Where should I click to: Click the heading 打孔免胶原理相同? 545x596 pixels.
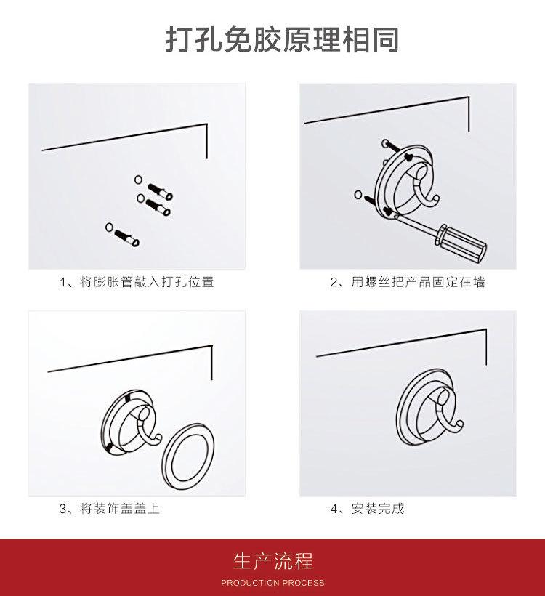[x=282, y=39]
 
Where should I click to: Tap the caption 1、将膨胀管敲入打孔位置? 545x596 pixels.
[x=137, y=282]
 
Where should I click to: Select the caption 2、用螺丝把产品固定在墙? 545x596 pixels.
[x=408, y=282]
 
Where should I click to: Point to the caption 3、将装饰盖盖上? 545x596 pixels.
[x=110, y=508]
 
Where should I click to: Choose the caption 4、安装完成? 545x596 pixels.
[x=367, y=508]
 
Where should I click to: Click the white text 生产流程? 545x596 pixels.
[x=273, y=561]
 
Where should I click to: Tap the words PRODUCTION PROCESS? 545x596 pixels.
[x=273, y=583]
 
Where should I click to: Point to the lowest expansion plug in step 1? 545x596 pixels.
[x=126, y=238]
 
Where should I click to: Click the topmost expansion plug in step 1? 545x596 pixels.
[x=160, y=191]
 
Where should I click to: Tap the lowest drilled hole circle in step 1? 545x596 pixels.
[x=110, y=227]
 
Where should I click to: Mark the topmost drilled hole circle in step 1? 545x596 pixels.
[x=138, y=179]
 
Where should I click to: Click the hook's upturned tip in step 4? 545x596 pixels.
[x=460, y=423]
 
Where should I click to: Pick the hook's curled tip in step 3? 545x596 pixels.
[x=159, y=438]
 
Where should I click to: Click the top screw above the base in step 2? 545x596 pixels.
[x=392, y=147]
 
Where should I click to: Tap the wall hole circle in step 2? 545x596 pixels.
[x=358, y=195]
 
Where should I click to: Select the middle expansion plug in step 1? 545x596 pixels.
[x=158, y=206]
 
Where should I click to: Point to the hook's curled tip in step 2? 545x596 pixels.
[x=435, y=199]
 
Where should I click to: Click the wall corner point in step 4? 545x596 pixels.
[x=486, y=329]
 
